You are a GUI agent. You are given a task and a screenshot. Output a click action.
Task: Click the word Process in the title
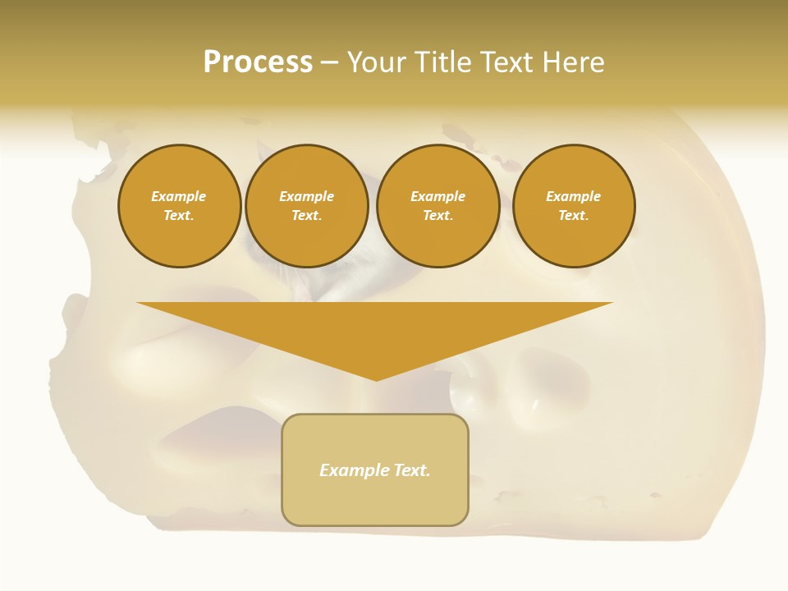(258, 62)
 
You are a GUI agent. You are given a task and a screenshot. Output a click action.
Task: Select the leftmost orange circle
(179, 206)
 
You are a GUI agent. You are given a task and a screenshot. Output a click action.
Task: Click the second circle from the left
(307, 206)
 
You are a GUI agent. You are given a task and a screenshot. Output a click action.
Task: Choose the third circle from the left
(438, 206)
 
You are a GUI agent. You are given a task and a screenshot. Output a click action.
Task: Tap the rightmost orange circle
(574, 206)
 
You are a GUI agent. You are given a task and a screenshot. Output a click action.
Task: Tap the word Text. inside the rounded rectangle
(412, 470)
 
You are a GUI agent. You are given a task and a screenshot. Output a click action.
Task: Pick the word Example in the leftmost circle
(179, 196)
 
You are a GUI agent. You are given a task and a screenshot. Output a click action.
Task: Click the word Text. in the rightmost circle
(574, 216)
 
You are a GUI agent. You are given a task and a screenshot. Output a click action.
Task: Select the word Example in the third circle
(438, 196)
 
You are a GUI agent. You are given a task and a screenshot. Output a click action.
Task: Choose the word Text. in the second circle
(307, 216)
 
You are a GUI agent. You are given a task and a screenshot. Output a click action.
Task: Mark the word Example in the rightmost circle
(574, 196)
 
